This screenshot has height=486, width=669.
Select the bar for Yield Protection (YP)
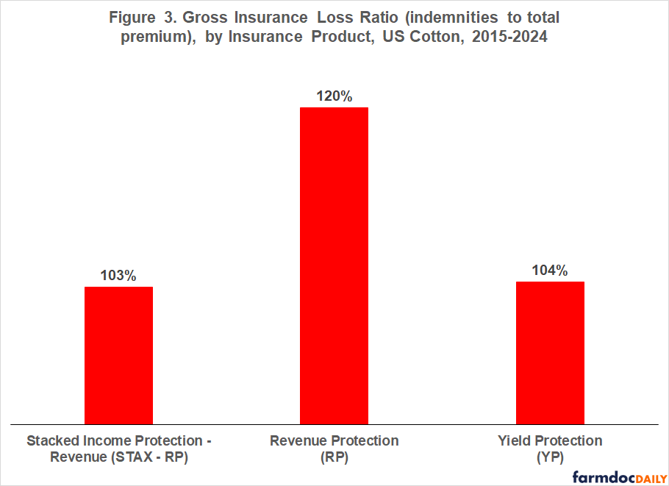tap(550, 353)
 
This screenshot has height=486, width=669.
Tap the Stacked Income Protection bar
tap(118, 355)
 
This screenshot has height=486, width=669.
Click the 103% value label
tap(118, 276)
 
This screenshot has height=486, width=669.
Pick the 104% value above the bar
tap(550, 271)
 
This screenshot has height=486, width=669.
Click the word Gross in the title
tap(222, 18)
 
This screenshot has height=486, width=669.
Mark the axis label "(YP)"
tap(549, 457)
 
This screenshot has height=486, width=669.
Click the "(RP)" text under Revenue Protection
tap(334, 457)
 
